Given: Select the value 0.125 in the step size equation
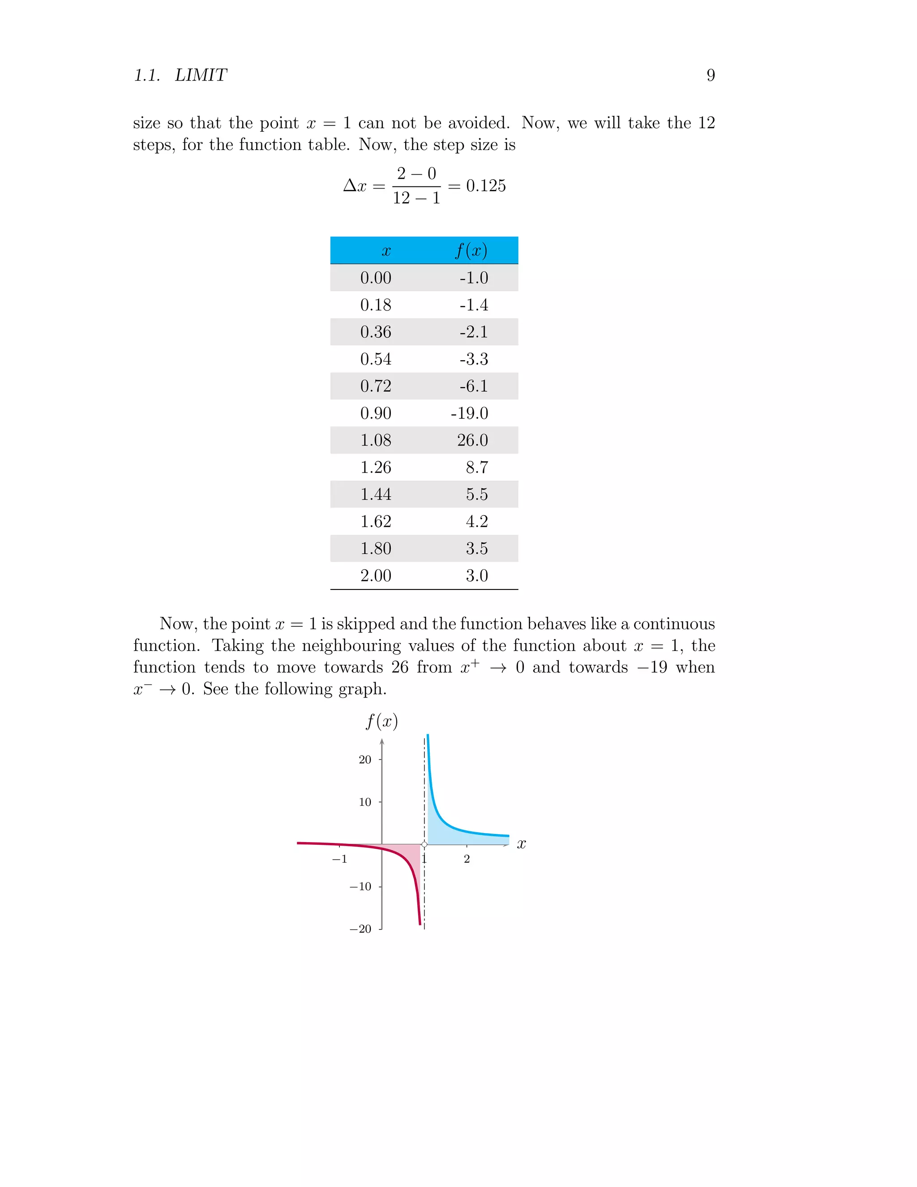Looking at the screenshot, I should pos(486,186).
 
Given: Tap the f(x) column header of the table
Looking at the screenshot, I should pos(471,250).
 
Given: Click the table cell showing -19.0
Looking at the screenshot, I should pos(469,413).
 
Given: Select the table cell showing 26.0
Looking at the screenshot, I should pos(472,440).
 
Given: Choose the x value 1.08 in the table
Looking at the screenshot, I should pos(375,440).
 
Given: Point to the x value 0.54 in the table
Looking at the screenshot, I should pos(375,359).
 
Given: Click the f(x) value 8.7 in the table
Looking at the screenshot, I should pos(476,467).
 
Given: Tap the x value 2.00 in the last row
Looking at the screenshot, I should pos(375,576).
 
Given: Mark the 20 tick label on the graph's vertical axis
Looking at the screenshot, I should pos(364,760).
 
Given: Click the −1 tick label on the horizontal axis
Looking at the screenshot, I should pos(339,859).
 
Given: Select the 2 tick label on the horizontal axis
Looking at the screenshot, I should pos(467,859).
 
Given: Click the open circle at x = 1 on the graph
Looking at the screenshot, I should pos(424,845).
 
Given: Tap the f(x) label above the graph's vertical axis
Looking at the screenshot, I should pos(381,722).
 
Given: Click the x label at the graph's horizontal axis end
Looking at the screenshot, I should pos(521,844).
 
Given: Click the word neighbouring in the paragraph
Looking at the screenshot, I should pos(351,645).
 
